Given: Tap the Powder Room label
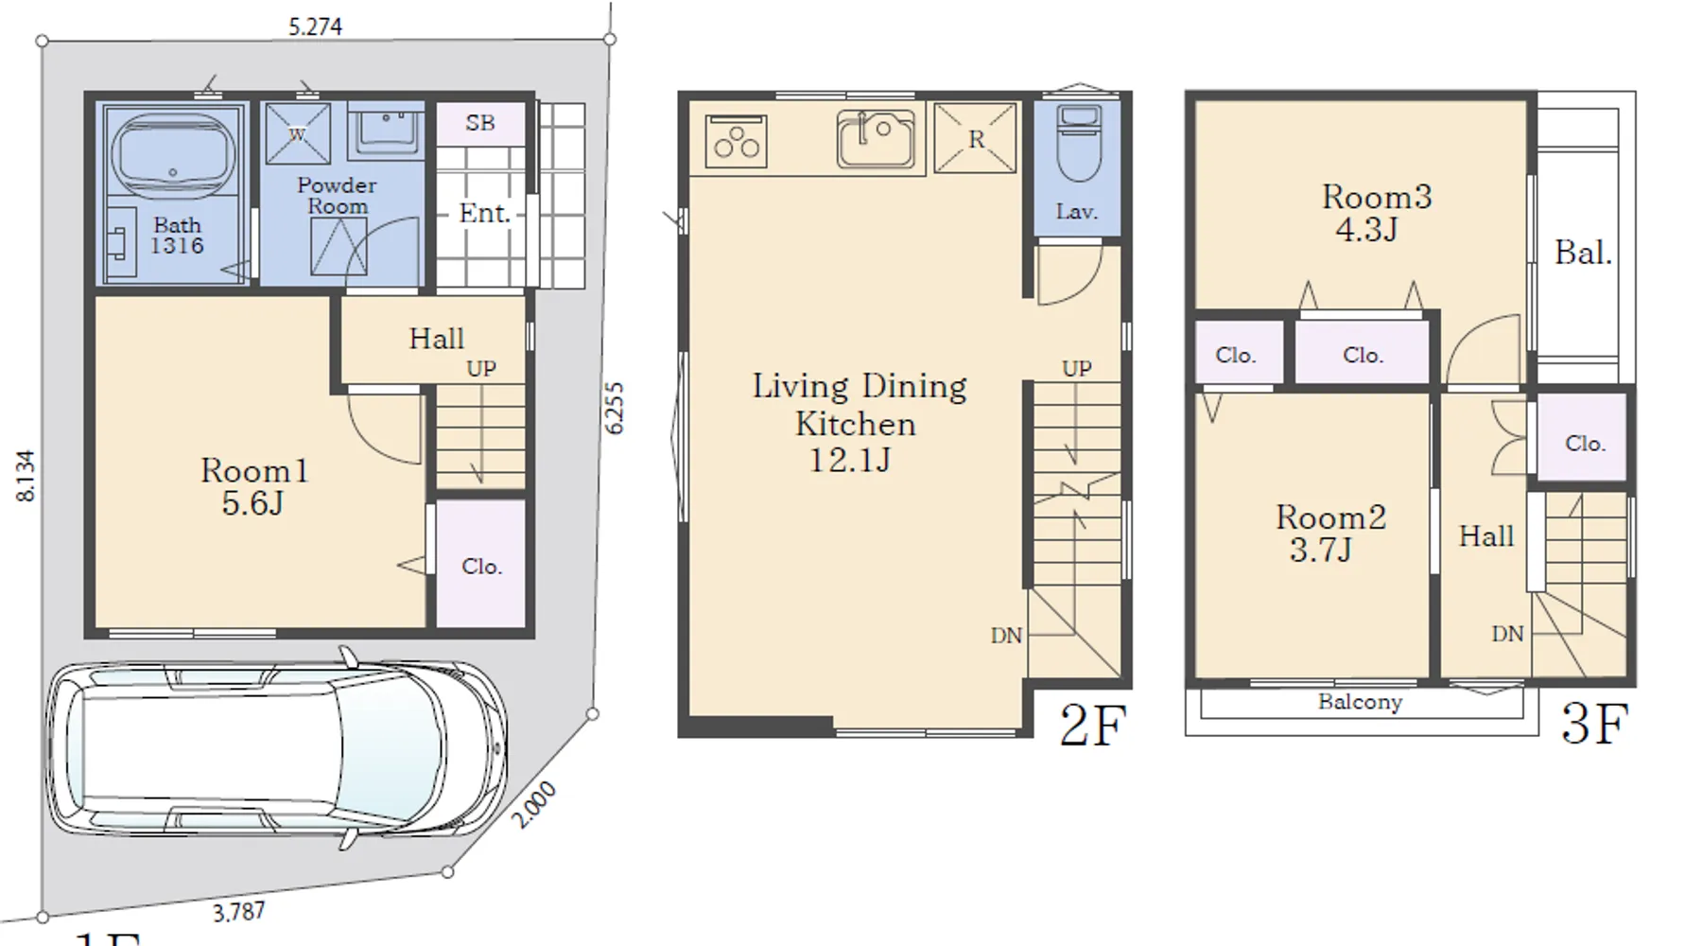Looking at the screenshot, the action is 337,196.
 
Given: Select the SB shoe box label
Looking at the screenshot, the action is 480,123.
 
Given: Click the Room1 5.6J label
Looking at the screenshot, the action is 253,486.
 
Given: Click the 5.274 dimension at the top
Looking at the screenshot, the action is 315,26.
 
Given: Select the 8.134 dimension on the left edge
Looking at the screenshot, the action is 26,476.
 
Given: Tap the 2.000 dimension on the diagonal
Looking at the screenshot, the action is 534,805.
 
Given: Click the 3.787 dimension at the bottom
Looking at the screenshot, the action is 238,913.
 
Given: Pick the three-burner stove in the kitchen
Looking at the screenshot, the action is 736,141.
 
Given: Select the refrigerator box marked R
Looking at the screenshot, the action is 975,138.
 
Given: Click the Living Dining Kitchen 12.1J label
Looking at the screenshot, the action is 859,422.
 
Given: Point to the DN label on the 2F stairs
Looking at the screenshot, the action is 1006,636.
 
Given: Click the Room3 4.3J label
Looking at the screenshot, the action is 1376,212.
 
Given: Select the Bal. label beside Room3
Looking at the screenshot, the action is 1583,253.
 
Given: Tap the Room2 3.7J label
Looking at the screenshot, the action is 1330,533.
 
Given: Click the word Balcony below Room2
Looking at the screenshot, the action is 1360,703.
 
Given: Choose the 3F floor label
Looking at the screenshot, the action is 1594,725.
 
